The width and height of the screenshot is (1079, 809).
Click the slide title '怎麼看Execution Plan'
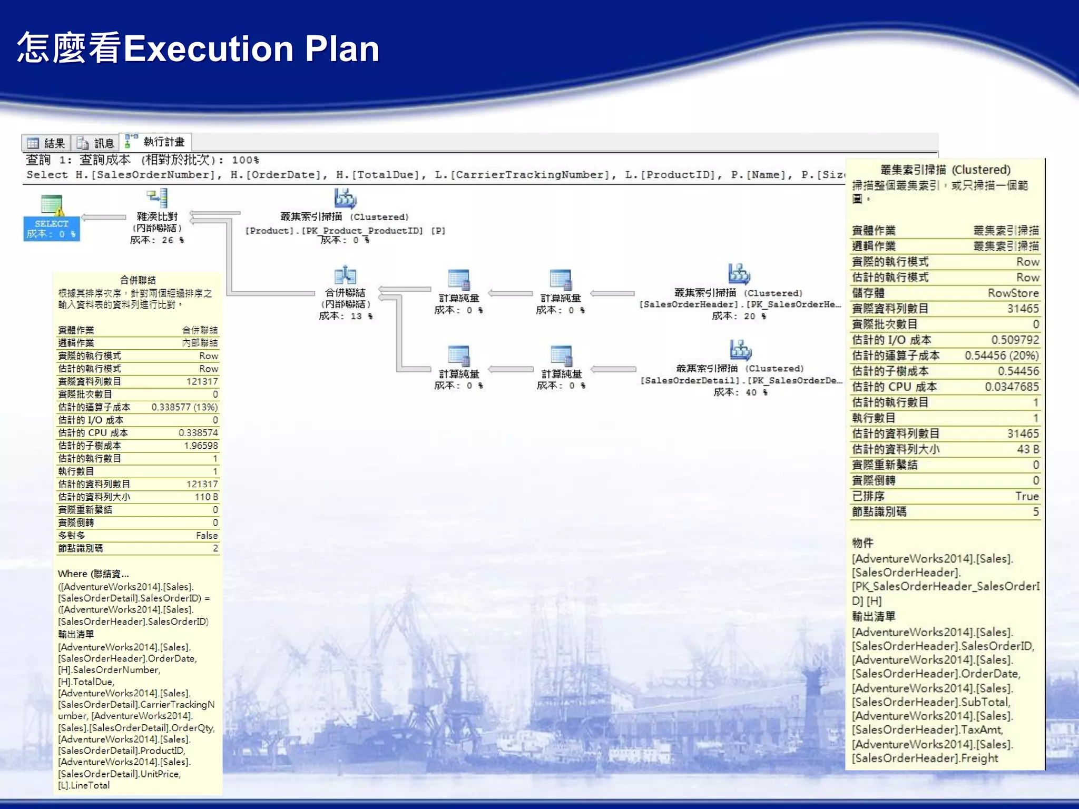(x=198, y=48)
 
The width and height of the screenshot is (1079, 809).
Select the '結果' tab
(x=46, y=143)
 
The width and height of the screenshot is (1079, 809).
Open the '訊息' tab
(x=96, y=143)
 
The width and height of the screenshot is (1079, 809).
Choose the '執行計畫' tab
(x=156, y=142)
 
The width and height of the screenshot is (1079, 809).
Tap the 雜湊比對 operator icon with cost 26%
(x=157, y=199)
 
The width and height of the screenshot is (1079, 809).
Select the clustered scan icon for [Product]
(x=345, y=199)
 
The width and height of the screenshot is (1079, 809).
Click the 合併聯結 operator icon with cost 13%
(x=345, y=275)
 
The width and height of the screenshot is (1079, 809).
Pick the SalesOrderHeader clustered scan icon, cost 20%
(x=739, y=274)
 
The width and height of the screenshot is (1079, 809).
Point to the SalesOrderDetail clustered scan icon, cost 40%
(x=740, y=350)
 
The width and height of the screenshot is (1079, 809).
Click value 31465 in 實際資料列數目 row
(x=1023, y=309)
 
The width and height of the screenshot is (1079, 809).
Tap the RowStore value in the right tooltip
(x=1013, y=293)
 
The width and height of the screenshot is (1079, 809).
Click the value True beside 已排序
(x=1027, y=496)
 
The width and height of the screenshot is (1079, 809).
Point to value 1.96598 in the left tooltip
(x=200, y=446)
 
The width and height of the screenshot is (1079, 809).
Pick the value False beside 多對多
(x=207, y=535)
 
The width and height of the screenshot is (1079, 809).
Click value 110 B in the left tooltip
(x=206, y=497)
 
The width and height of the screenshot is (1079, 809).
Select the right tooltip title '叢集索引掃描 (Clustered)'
(x=945, y=170)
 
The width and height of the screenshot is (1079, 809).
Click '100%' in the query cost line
(x=245, y=160)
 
